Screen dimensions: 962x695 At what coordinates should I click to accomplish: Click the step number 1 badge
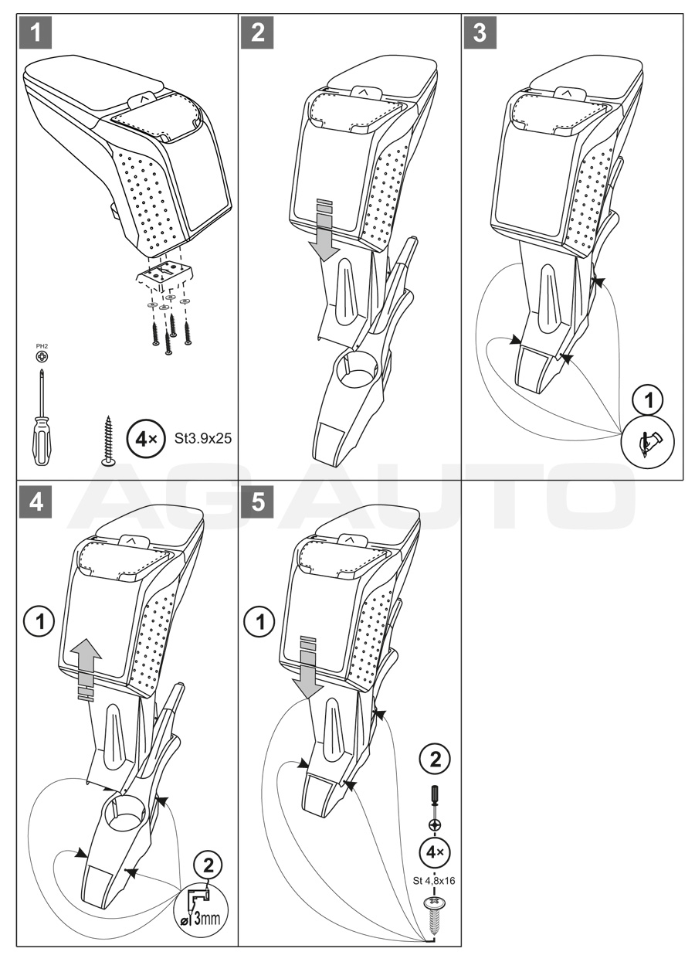tap(34, 33)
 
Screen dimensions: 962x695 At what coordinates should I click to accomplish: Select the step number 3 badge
tap(480, 33)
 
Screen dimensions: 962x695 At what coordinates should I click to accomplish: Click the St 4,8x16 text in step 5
tap(435, 880)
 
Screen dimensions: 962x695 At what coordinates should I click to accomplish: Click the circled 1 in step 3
tap(648, 399)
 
